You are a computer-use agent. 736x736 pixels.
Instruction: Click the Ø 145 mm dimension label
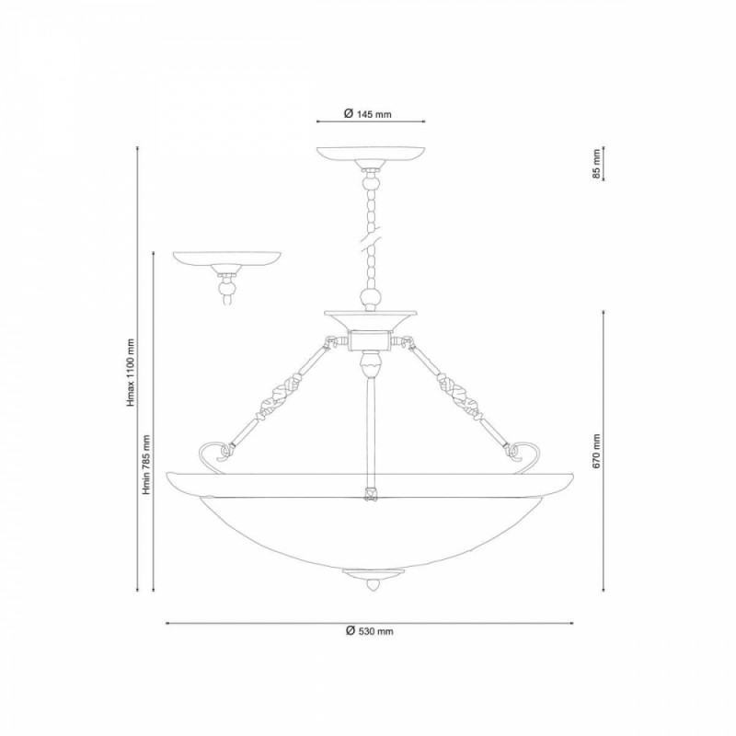pos(367,113)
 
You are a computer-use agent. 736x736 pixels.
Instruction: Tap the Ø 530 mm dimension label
pos(370,631)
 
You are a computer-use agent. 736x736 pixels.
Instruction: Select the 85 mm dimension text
pos(596,164)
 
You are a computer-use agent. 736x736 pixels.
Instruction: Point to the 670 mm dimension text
pos(596,451)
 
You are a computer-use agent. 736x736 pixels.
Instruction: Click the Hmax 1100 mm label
pos(131,373)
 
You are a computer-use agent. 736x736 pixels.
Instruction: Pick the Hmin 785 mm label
pos(146,465)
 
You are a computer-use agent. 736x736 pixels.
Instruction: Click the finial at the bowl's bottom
pos(374,580)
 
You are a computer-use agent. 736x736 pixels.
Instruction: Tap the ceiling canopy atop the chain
pos(371,157)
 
